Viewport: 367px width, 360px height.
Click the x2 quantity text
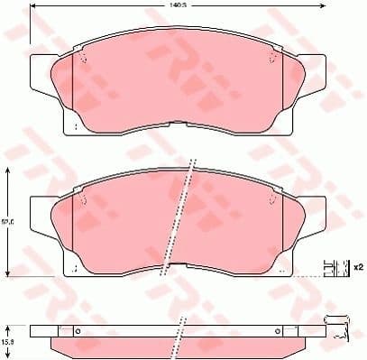click(357, 267)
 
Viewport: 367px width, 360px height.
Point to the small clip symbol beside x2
click(336, 267)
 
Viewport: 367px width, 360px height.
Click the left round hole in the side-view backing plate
click(78, 329)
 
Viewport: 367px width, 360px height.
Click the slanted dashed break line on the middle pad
click(188, 217)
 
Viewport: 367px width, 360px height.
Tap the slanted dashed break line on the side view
click(183, 335)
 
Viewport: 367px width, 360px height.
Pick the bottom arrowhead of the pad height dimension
click(8, 273)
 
